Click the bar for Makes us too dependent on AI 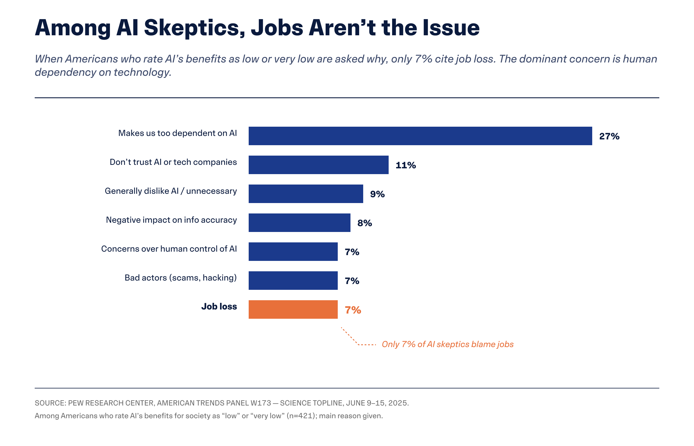pos(420,136)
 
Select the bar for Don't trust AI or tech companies pos(318,165)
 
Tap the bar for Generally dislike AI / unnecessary pos(306,194)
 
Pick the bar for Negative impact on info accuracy pos(299,223)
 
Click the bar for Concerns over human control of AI pos(293,252)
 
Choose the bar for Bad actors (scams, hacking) pos(293,281)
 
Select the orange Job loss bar pos(293,309)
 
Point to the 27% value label pos(609,136)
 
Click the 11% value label pos(406,165)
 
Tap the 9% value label pos(377,194)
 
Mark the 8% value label pos(365,223)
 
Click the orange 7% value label pos(353,310)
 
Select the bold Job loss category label pos(219,306)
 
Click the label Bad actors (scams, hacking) pos(181,278)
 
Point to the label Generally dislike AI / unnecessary pos(171,191)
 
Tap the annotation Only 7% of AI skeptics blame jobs pos(448,344)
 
